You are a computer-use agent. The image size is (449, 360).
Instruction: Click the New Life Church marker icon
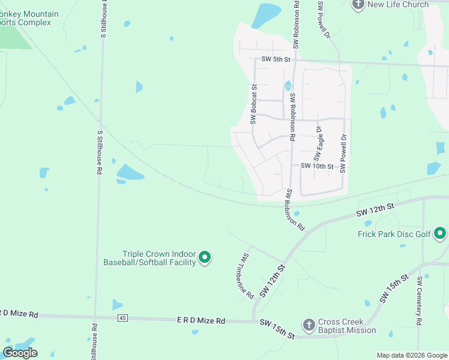tap(358, 4)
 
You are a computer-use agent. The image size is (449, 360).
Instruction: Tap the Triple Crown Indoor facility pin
tap(205, 258)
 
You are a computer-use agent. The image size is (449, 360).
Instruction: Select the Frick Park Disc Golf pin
tap(440, 233)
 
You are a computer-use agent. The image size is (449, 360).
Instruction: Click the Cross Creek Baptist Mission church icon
tap(309, 325)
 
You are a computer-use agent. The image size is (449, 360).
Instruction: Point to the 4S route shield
tap(123, 317)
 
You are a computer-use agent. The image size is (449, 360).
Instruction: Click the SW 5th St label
tap(276, 59)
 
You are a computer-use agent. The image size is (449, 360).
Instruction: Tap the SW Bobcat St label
tap(254, 104)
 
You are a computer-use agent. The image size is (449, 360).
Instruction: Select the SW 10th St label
tap(316, 166)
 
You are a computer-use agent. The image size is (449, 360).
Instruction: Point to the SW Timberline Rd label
tap(244, 275)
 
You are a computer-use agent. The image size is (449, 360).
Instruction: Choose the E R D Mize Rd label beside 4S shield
tap(200, 321)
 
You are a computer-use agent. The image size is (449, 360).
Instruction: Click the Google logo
tap(20, 353)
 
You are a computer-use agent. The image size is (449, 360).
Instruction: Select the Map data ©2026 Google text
tap(412, 355)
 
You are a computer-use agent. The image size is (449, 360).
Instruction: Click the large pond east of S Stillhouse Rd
tap(129, 173)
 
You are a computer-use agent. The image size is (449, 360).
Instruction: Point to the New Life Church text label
tap(398, 5)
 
